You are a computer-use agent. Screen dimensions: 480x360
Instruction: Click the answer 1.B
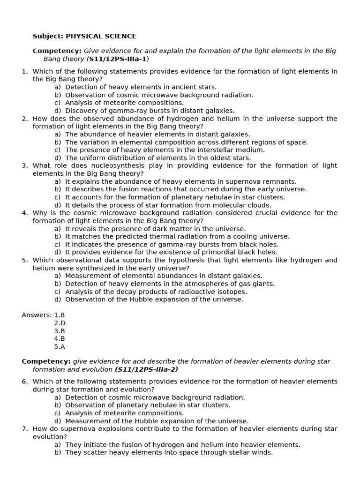tap(60, 315)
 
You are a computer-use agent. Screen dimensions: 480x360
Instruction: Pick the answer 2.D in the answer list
tap(60, 323)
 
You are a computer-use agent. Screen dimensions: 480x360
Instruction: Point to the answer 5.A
tap(60, 346)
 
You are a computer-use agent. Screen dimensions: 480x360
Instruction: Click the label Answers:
tap(37, 315)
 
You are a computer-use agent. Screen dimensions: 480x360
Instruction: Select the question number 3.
tap(24, 165)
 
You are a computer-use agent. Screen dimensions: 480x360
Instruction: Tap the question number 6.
tap(24, 382)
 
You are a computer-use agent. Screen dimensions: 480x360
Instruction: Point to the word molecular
tap(221, 205)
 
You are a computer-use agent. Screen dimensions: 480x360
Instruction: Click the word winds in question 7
tap(262, 452)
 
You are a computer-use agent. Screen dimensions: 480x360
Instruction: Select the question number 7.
tap(24, 429)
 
